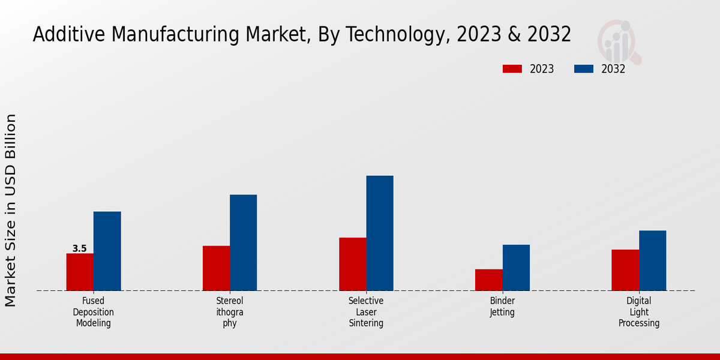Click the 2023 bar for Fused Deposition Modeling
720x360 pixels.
(80, 272)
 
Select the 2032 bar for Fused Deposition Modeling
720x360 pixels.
(107, 251)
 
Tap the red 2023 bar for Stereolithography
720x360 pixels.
(216, 268)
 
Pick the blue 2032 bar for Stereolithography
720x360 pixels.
(243, 242)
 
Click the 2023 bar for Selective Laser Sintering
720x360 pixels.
(352, 264)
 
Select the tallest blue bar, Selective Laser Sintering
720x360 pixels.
(380, 233)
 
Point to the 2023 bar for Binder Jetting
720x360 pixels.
(488, 280)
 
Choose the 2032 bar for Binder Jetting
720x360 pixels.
(516, 268)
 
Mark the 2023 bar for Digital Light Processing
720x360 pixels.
(625, 270)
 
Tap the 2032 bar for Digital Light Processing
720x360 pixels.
(652, 260)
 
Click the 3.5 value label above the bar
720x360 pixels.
(79, 248)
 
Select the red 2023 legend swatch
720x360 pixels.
(512, 69)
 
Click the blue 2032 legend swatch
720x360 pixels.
(583, 69)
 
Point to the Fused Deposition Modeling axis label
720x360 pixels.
(94, 312)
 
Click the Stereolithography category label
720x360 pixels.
(230, 312)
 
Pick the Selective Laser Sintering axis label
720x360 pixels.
(366, 312)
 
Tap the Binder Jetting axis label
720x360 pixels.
(502, 307)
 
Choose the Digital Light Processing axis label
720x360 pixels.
(639, 312)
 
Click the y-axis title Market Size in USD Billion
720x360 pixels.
(11, 210)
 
